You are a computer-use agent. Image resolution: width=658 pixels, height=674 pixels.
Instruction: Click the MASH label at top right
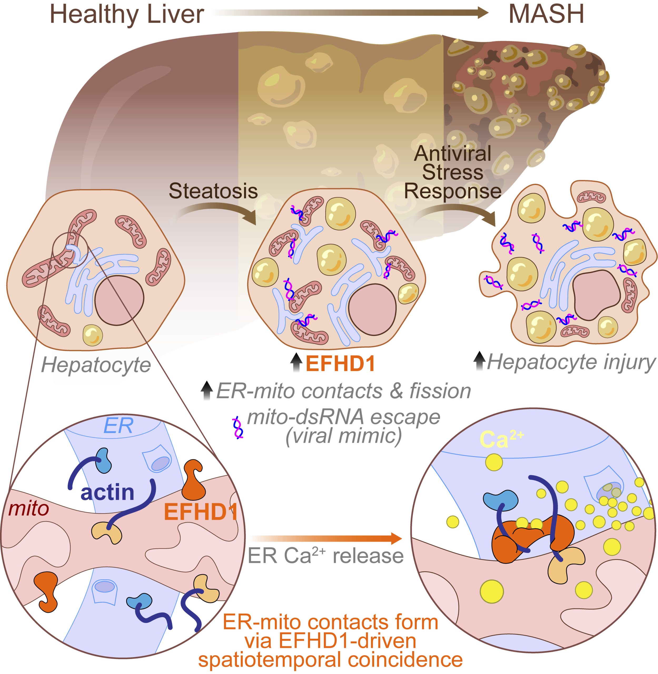546,14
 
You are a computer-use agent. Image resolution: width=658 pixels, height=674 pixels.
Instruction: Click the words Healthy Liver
127,14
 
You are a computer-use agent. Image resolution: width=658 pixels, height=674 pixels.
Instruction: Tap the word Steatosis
213,191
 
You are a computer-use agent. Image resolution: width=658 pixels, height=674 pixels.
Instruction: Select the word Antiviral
452,153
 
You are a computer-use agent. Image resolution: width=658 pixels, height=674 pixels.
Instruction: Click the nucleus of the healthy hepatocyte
120,300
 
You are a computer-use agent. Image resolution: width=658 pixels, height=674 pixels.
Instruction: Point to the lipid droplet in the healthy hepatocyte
93,335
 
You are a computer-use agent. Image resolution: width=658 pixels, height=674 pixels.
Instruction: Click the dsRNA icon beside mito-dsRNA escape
238,428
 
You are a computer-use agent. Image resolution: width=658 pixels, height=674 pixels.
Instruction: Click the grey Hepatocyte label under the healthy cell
96,366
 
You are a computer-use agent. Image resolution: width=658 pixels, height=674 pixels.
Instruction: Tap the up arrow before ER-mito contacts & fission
207,390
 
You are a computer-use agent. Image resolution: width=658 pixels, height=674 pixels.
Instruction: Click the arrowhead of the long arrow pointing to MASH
481,13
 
